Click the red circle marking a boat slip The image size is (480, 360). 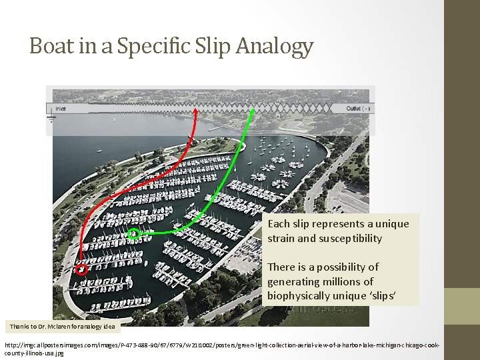click(81, 270)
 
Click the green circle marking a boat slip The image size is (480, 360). click(134, 233)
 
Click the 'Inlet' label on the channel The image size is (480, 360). click(60, 108)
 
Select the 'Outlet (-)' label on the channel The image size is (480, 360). click(359, 108)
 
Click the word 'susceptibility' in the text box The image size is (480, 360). click(349, 239)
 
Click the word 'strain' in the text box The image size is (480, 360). click(283, 239)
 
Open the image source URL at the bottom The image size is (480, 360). click(220, 348)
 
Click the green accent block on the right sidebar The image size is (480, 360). click(462, 306)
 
